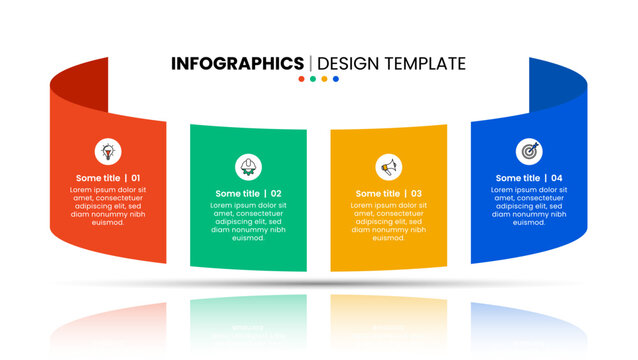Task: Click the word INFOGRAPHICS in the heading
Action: [237, 63]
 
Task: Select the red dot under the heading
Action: [301, 79]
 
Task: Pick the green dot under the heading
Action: [313, 79]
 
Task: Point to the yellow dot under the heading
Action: [324, 79]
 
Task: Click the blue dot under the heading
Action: [336, 79]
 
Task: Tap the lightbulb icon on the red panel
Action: [107, 151]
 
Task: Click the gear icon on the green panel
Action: [248, 165]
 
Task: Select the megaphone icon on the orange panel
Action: [388, 165]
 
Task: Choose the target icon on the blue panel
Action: [529, 151]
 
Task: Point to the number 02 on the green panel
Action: [276, 194]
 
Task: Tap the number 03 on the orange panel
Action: [416, 194]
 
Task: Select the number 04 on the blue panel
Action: [557, 178]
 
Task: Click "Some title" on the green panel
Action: [236, 194]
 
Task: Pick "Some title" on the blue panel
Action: [517, 178]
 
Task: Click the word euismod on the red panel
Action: [107, 222]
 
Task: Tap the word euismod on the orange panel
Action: [388, 238]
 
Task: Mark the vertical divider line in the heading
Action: [311, 63]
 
